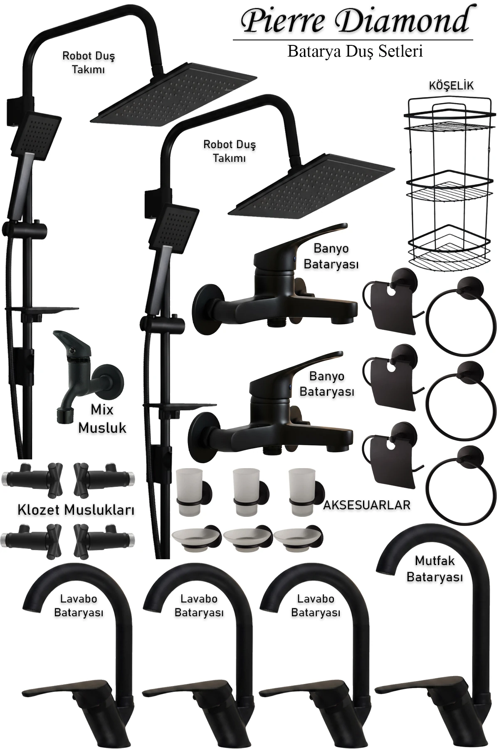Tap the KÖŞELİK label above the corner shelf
click(x=451, y=86)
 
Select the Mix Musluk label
click(x=102, y=418)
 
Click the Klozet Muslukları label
click(x=76, y=510)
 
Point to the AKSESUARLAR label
click(x=367, y=505)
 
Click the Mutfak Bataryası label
click(x=435, y=569)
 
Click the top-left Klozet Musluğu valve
click(x=33, y=479)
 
